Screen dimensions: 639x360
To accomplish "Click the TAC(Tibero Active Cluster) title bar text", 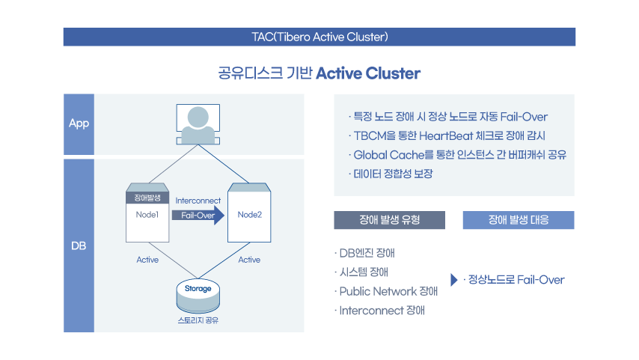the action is (x=320, y=37).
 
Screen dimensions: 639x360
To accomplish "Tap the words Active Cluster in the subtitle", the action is (x=368, y=73).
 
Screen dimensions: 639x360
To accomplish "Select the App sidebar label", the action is (x=79, y=123).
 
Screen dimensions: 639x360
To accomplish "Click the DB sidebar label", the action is (x=79, y=245).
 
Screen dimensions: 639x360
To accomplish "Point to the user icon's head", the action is (x=198, y=117).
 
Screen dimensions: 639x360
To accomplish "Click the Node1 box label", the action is (x=147, y=215).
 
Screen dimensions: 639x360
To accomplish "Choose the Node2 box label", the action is (x=249, y=215).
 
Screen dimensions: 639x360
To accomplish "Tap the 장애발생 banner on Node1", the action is (x=147, y=198).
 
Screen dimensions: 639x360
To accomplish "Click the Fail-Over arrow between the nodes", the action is (x=198, y=216).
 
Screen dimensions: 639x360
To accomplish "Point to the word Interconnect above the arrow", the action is (x=198, y=201).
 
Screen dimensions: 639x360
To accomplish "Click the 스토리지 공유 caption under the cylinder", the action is (x=198, y=320).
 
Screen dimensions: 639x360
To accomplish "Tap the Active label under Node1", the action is (x=147, y=260).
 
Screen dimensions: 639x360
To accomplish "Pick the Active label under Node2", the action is (x=249, y=260).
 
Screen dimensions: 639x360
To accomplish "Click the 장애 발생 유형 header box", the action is (x=390, y=220).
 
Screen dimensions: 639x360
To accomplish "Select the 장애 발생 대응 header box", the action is (x=519, y=220).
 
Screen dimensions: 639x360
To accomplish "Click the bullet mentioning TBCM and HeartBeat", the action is (x=447, y=135).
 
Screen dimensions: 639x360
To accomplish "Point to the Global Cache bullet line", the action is (x=458, y=155).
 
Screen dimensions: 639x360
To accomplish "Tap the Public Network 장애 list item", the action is (x=386, y=291).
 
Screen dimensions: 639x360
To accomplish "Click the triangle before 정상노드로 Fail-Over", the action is (x=453, y=280).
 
